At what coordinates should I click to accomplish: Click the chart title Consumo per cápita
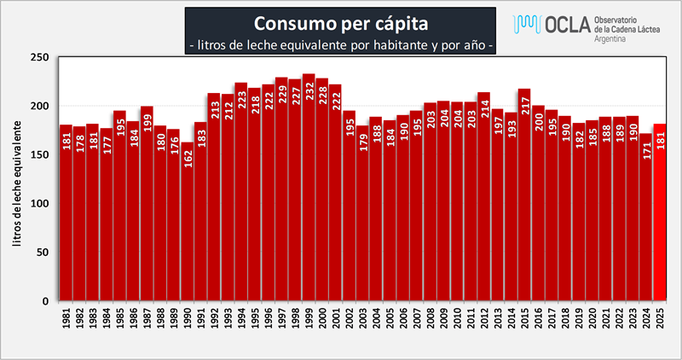coord(340,20)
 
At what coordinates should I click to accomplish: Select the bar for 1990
coord(188,222)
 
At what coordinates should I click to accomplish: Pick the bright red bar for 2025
coord(659,222)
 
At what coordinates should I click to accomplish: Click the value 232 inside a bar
coord(309,90)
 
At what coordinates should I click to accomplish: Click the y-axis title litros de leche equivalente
coord(17,179)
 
